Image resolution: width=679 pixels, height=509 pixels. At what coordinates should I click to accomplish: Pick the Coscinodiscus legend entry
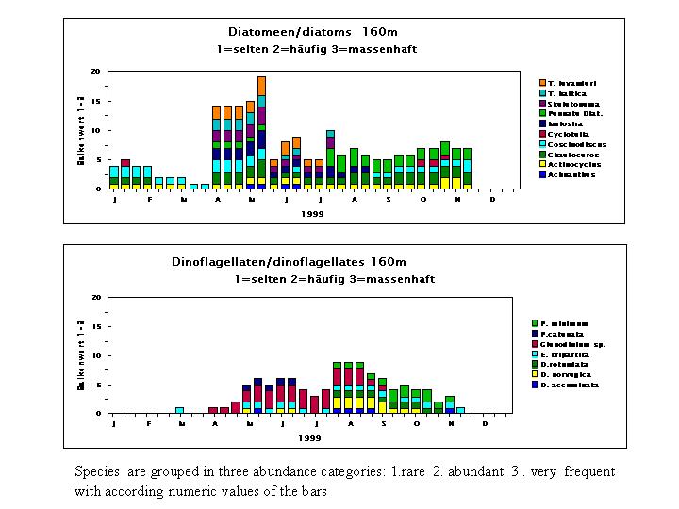(576, 144)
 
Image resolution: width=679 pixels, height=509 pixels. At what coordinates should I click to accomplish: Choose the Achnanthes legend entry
(571, 174)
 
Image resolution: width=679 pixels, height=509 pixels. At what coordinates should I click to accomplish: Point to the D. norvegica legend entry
(571, 374)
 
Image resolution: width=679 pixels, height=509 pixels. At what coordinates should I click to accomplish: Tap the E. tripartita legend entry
(571, 353)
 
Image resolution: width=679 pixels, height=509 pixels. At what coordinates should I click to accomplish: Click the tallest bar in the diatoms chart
(261, 132)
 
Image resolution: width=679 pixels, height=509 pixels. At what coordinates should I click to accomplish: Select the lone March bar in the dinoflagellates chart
(179, 410)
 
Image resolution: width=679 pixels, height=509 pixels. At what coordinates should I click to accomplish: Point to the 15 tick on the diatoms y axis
(97, 101)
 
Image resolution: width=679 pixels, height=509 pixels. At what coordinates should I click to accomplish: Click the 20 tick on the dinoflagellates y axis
(97, 298)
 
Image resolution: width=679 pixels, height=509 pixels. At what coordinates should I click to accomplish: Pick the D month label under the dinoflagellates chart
(485, 423)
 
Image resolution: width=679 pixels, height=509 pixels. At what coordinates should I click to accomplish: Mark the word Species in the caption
(97, 470)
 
